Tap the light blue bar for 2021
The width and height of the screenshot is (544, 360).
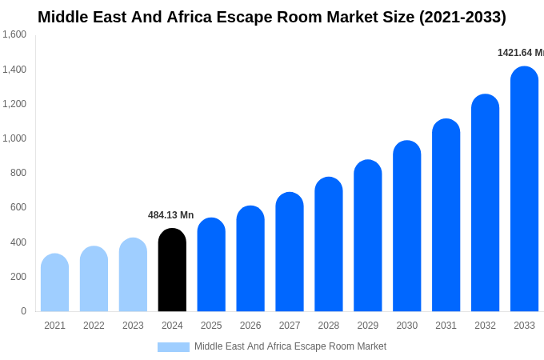[x=54, y=283]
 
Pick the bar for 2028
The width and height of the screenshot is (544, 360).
[x=329, y=245]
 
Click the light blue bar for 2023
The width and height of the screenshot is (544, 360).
[x=133, y=275]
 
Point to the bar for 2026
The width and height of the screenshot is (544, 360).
[x=250, y=259]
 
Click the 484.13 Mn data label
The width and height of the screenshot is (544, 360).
[x=170, y=215]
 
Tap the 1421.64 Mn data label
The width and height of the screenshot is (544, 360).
[x=520, y=53]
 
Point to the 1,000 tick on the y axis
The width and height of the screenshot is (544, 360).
[x=14, y=138]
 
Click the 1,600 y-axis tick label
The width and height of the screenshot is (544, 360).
[x=14, y=34]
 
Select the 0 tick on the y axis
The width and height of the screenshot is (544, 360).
[x=23, y=311]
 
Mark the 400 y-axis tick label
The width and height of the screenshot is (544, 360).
[x=18, y=242]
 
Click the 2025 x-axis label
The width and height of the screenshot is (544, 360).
[x=211, y=326]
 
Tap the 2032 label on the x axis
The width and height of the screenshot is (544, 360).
[x=485, y=326]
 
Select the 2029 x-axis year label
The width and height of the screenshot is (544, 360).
[x=368, y=326]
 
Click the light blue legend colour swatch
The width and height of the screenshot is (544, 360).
[x=174, y=347]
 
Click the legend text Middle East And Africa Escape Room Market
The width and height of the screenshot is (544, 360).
[x=290, y=346]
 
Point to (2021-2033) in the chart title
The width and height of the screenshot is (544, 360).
[x=462, y=17]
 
